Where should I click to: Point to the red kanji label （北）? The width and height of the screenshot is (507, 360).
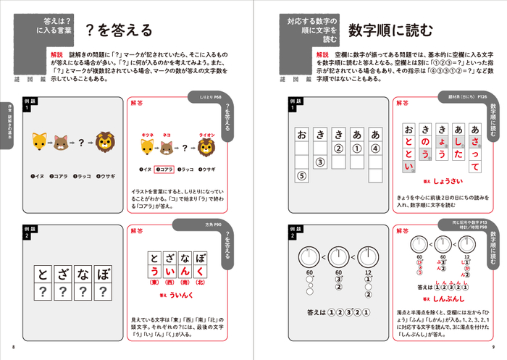click(207, 284)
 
